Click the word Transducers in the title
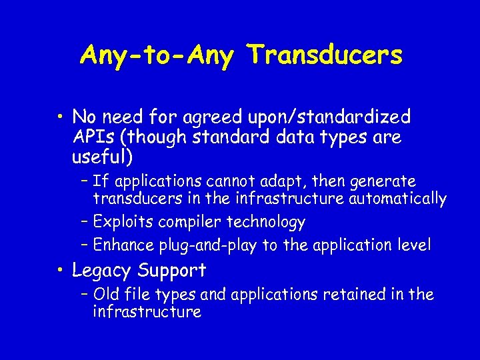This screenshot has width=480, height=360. coord(325,55)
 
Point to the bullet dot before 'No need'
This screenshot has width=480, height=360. coord(60,118)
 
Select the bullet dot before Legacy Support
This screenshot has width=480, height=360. coord(60,271)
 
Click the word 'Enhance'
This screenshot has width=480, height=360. coord(124,245)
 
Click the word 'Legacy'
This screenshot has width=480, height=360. coord(101,271)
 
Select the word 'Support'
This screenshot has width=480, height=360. coord(172,271)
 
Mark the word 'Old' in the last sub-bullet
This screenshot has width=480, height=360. coord(106,294)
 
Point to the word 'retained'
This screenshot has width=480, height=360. coord(352,294)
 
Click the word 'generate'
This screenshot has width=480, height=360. coord(383,181)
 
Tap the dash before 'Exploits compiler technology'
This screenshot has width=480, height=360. coord(85,221)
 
